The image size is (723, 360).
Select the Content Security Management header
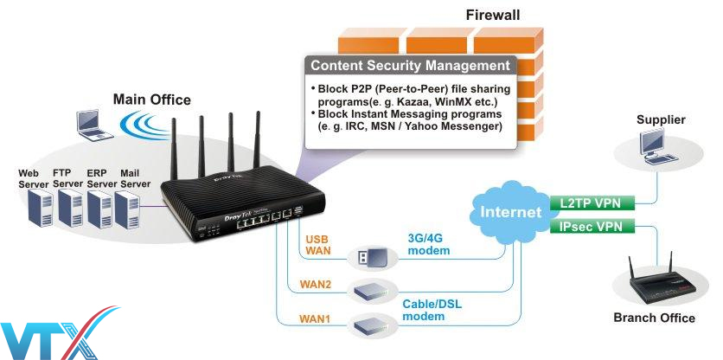410,66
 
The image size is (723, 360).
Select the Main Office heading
151,100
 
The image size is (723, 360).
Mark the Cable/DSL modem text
432,311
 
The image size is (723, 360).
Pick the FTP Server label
67,178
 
